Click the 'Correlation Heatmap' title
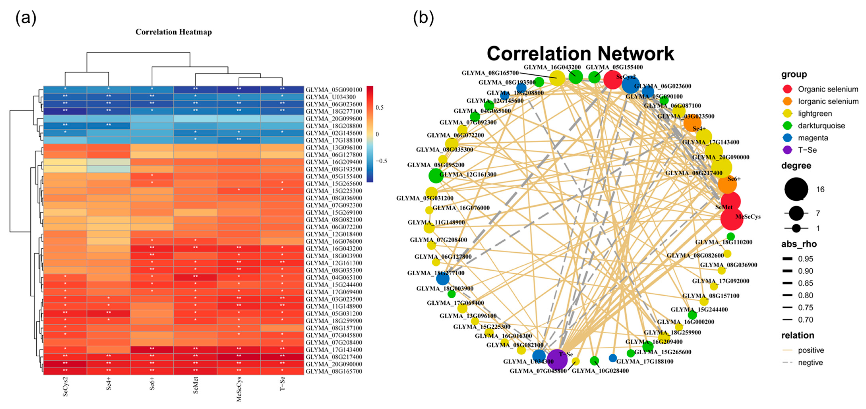pyautogui.click(x=173, y=32)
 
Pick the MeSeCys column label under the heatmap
pyautogui.click(x=239, y=389)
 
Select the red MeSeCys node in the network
pyautogui.click(x=732, y=218)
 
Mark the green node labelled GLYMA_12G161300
pyautogui.click(x=436, y=176)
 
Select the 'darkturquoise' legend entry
pyautogui.click(x=821, y=126)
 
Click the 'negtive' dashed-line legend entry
pyautogui.click(x=810, y=363)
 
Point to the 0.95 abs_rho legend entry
pyautogui.click(x=805, y=259)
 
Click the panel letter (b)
pyautogui.click(x=423, y=18)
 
